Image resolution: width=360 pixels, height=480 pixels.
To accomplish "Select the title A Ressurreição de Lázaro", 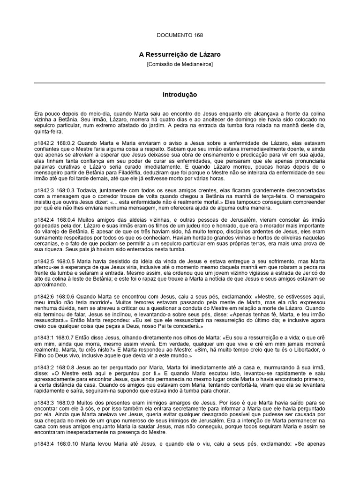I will pyautogui.click(x=180, y=55).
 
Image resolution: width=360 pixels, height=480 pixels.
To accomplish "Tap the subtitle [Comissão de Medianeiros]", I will pyautogui.click(x=180, y=64).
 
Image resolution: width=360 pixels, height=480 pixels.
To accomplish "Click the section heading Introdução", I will pyautogui.click(x=180, y=95).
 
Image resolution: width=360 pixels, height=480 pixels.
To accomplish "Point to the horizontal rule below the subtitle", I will pyautogui.click(x=180, y=83).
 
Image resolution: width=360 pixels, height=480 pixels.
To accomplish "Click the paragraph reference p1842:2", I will pyautogui.click(x=45, y=142).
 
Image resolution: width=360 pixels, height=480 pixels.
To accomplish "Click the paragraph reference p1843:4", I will pyautogui.click(x=45, y=444).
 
